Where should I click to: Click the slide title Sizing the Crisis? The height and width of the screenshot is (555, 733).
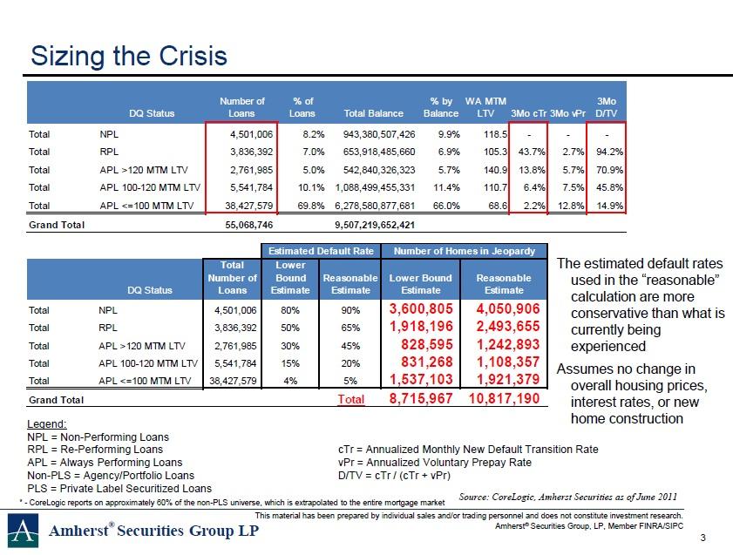click(x=128, y=56)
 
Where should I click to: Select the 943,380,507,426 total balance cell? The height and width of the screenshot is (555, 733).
click(x=379, y=134)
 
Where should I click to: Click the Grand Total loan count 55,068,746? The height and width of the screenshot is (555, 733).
click(x=248, y=225)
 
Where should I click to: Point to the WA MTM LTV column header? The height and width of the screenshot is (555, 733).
click(x=485, y=107)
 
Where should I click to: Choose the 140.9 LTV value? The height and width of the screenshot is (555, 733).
click(x=496, y=170)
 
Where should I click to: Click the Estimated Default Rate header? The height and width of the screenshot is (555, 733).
click(x=321, y=251)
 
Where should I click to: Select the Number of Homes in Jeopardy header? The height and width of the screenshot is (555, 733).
click(x=465, y=251)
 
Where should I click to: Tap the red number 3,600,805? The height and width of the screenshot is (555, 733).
click(x=421, y=308)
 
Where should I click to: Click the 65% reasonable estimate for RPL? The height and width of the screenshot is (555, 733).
click(x=350, y=328)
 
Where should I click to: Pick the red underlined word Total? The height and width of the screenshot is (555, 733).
click(x=351, y=399)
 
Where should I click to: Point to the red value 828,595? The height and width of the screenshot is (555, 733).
click(x=427, y=344)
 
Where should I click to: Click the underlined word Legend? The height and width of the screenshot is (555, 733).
click(x=47, y=424)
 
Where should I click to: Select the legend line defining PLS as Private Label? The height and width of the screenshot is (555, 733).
click(x=119, y=489)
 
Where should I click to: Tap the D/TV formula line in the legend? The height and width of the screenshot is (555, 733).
click(x=394, y=476)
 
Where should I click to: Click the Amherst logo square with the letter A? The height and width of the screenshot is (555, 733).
click(x=23, y=531)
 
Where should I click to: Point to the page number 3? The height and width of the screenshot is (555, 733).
click(x=703, y=538)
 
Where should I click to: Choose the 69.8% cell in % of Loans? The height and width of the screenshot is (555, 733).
click(x=311, y=206)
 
